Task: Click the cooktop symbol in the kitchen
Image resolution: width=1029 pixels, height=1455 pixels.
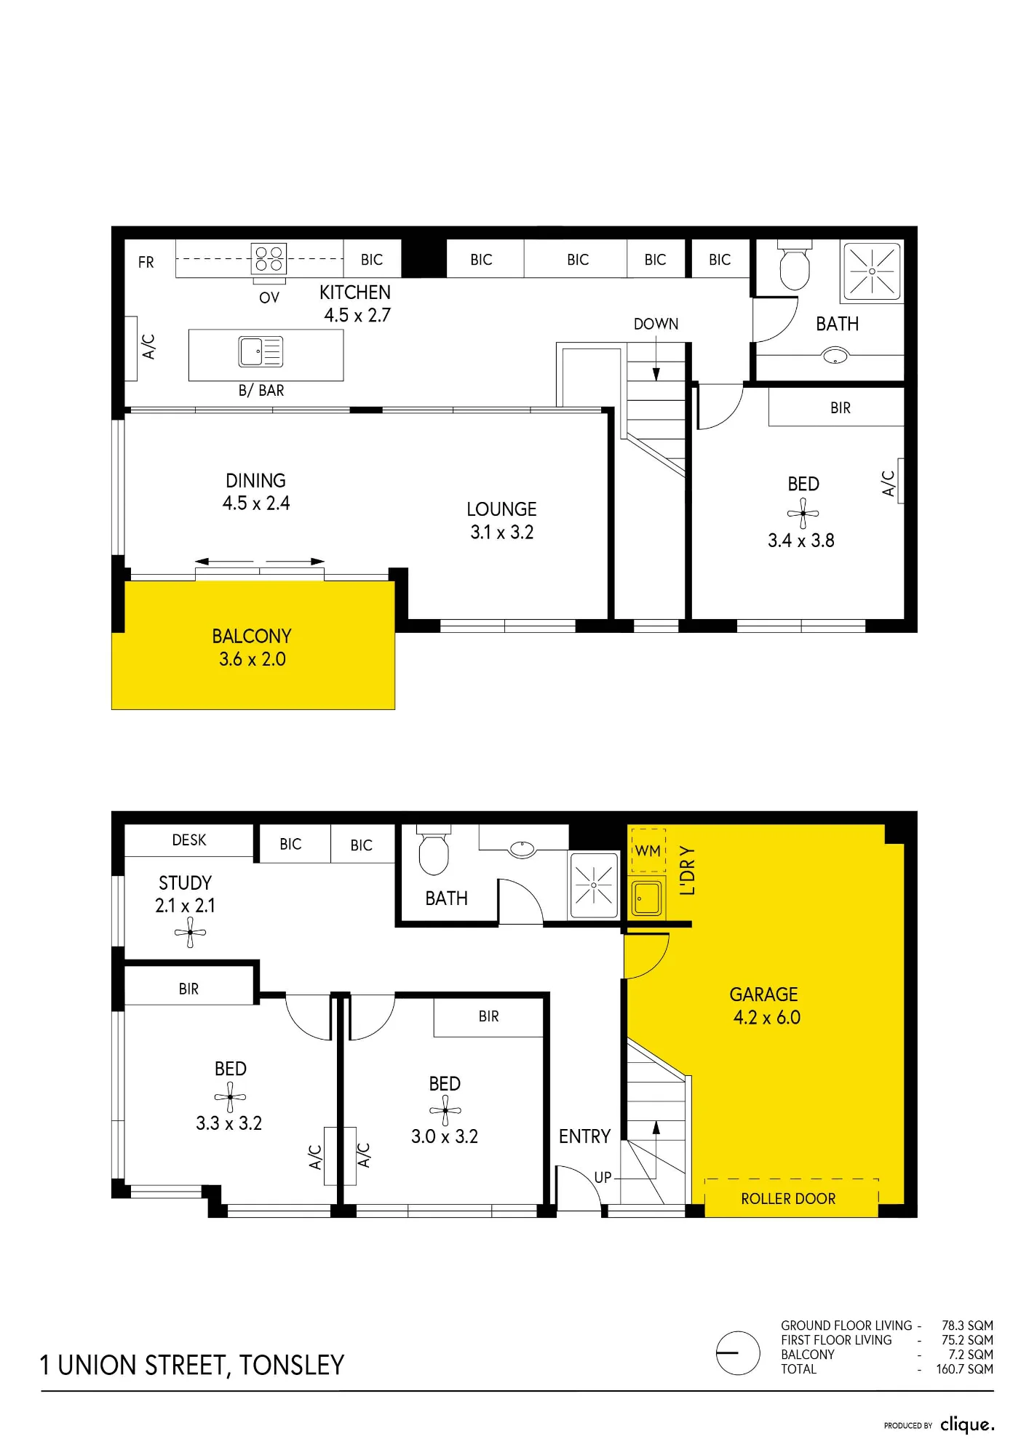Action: coord(269,258)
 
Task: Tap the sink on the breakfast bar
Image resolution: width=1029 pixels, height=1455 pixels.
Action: coord(261,352)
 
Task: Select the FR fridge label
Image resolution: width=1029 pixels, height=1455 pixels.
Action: coord(146,262)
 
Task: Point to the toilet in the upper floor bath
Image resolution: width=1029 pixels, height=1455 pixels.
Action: coord(795,266)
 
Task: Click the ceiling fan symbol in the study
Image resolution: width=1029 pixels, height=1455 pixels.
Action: coord(191,932)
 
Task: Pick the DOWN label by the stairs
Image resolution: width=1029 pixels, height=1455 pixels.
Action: coord(656,324)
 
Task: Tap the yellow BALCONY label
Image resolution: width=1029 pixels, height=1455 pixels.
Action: coord(252,637)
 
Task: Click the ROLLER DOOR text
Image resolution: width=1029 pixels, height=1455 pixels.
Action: coord(788,1198)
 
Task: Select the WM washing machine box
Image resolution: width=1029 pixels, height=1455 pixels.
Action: coord(648,850)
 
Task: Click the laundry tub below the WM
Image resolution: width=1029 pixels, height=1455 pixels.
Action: coord(647,898)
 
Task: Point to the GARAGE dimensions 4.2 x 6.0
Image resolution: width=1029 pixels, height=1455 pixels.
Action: coord(767,1017)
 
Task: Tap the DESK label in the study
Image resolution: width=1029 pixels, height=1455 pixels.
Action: coord(189,840)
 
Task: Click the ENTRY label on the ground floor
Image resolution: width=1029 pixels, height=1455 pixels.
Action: coord(584,1136)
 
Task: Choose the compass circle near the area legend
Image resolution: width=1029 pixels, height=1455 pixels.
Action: coord(738,1353)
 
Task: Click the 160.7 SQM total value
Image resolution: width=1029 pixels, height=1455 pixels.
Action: coord(964,1369)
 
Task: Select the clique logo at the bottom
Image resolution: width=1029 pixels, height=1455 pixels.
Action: coord(967,1424)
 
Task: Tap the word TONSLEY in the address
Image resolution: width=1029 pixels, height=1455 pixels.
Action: coord(292,1366)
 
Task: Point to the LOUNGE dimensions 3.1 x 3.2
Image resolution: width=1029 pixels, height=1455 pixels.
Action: coord(502,533)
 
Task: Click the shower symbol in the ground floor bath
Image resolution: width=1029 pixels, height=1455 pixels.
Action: coord(593,885)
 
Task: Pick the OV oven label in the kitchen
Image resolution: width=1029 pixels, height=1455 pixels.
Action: coord(269,298)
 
